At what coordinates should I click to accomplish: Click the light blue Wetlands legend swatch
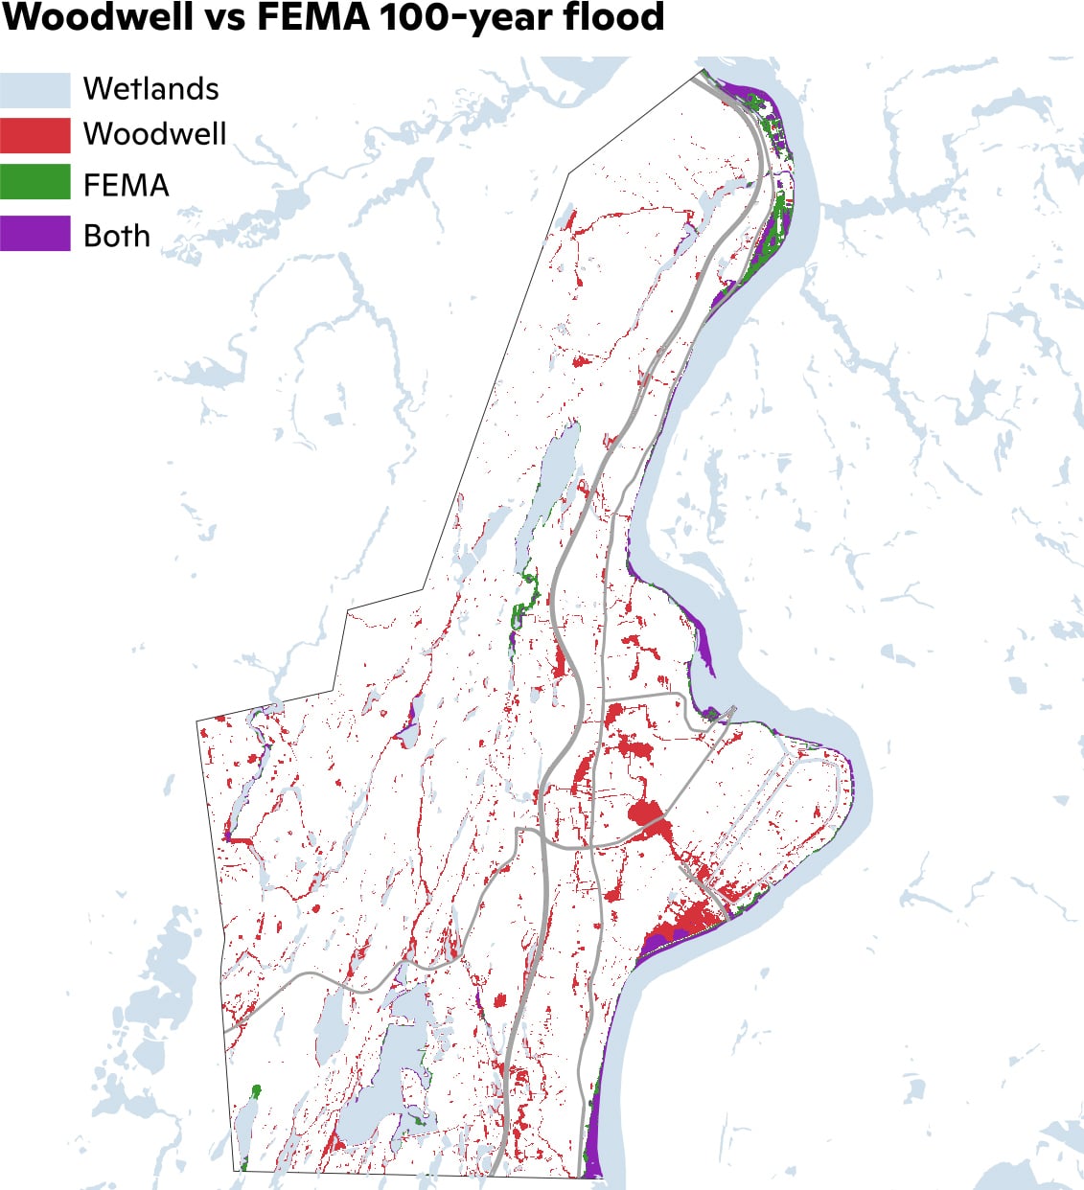[x=35, y=89]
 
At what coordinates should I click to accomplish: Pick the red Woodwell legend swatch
[x=35, y=135]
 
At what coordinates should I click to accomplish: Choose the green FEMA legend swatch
[x=35, y=182]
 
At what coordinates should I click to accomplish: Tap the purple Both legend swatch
[x=35, y=234]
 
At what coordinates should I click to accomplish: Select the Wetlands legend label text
[x=150, y=89]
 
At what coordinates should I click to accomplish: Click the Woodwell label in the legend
[x=154, y=134]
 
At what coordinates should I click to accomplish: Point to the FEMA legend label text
[x=126, y=185]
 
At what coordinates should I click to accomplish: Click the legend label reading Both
[x=116, y=236]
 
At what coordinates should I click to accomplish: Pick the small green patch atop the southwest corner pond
[x=256, y=1091]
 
